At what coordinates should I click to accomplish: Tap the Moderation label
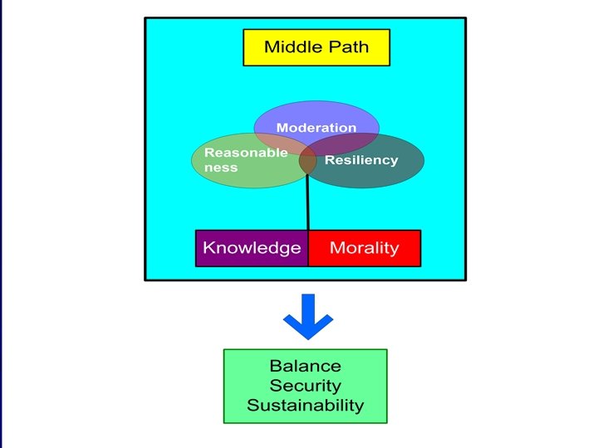click(316, 128)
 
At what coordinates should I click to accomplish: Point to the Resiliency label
click(361, 160)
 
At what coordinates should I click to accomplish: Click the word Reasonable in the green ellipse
click(246, 153)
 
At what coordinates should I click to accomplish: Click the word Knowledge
click(252, 248)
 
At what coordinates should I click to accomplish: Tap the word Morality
click(364, 248)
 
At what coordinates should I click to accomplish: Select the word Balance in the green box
click(305, 366)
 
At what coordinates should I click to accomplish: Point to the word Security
click(305, 386)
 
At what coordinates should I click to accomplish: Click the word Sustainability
click(305, 406)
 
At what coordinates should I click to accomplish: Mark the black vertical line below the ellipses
click(308, 203)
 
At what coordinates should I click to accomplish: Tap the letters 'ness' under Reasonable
click(221, 168)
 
